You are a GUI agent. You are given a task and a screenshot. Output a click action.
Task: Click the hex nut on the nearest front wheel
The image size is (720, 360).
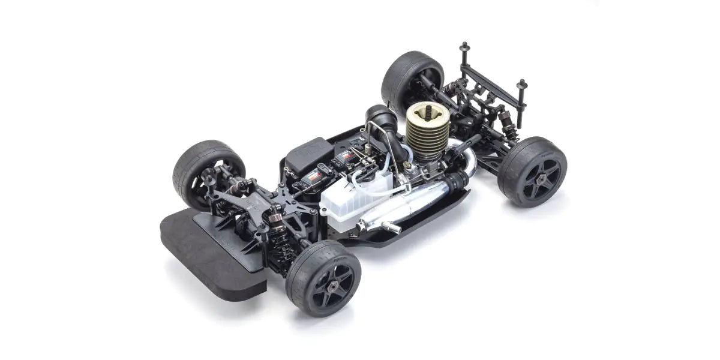(331, 281)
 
